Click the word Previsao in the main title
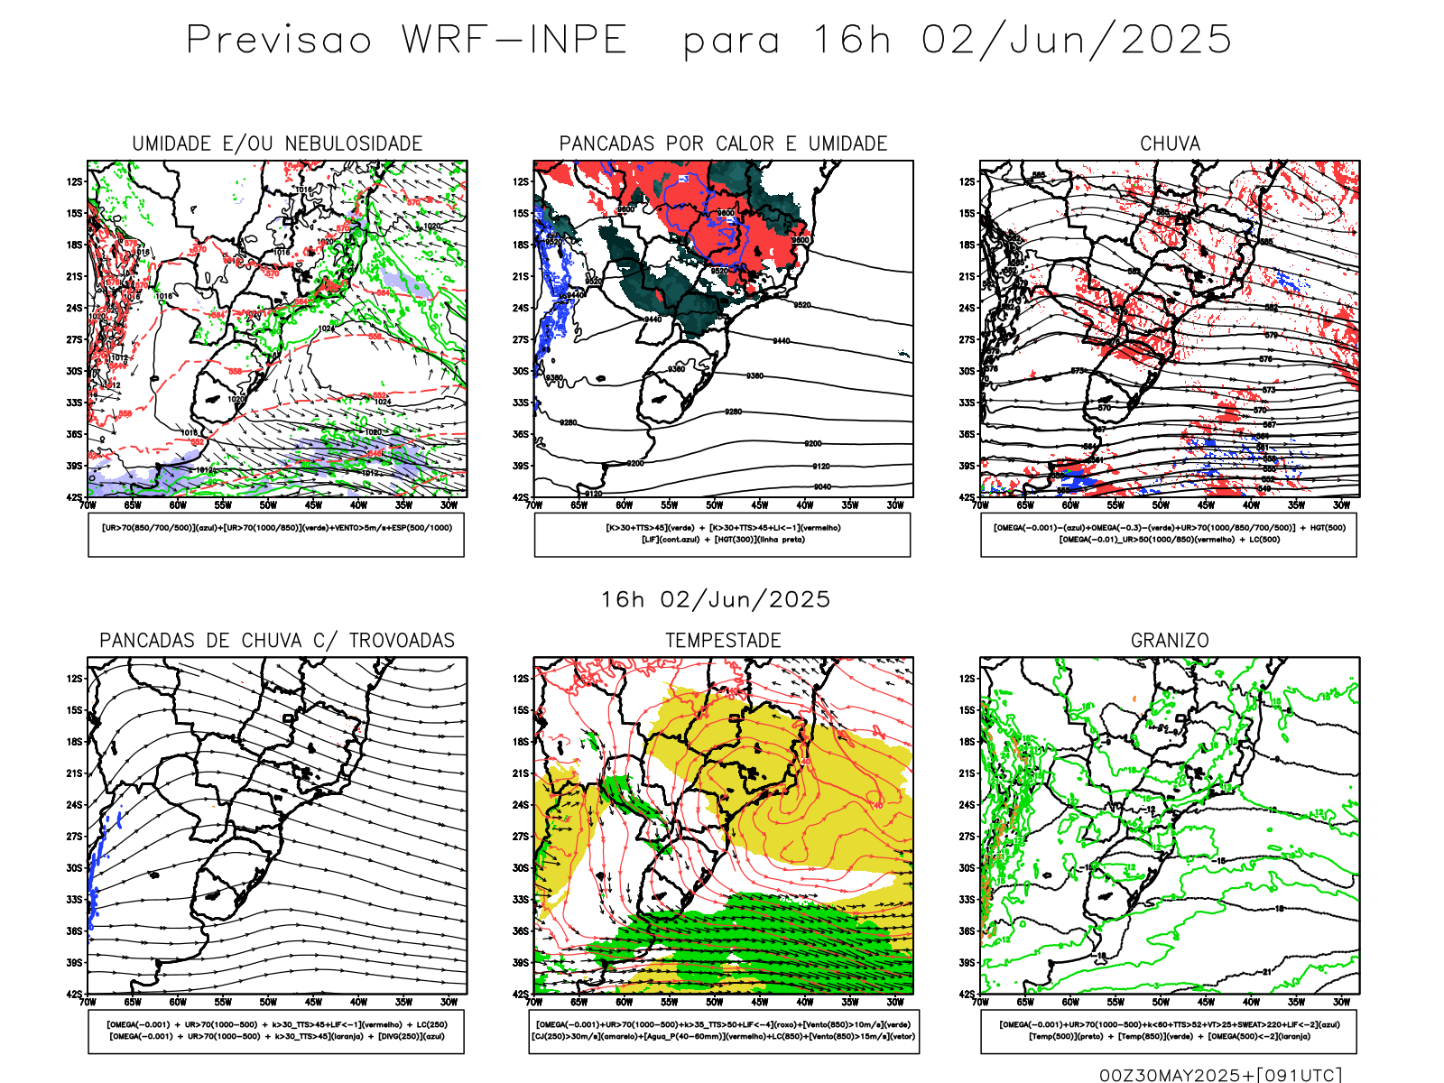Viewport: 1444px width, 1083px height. click(x=279, y=41)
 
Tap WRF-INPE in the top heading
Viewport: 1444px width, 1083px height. click(x=514, y=41)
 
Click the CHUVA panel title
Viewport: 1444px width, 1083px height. click(x=1170, y=143)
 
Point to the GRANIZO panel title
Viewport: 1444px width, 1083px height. click(x=1170, y=641)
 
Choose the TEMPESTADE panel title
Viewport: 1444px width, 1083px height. click(x=723, y=641)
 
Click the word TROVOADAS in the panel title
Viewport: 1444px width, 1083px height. click(x=402, y=641)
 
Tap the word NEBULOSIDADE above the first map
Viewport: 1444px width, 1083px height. click(x=354, y=143)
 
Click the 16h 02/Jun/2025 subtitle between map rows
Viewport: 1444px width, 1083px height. click(x=716, y=600)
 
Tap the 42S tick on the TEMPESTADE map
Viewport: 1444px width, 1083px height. click(x=521, y=995)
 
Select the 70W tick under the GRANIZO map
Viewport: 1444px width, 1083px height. click(x=981, y=1002)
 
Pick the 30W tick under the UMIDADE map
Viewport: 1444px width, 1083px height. click(x=449, y=505)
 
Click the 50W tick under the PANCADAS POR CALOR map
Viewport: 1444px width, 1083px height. click(x=714, y=505)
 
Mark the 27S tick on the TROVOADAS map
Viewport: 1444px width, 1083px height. click(x=74, y=837)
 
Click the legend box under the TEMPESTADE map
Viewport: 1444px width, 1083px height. click(x=723, y=1031)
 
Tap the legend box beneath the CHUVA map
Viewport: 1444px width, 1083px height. click(x=1169, y=534)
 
